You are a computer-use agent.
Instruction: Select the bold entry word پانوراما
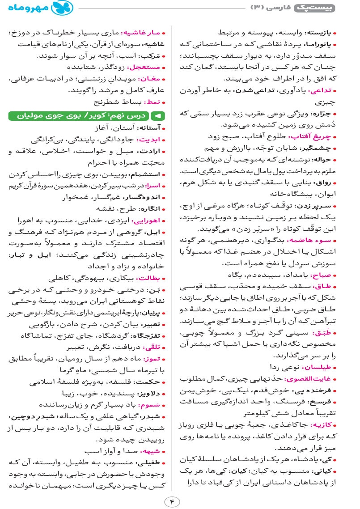(322, 45)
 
